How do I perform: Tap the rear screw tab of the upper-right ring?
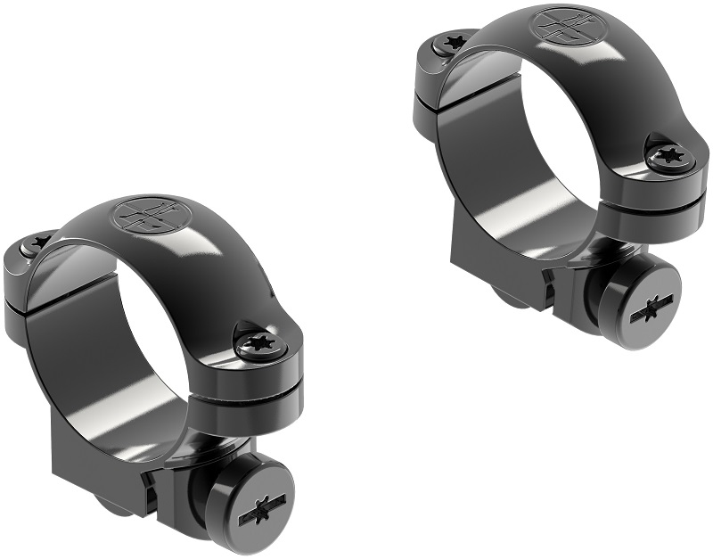(426, 76)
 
